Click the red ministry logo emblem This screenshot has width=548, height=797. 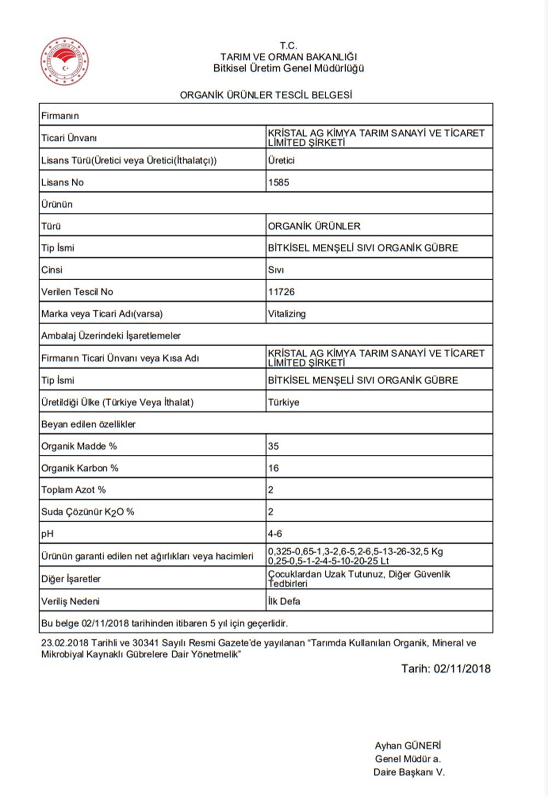point(64,61)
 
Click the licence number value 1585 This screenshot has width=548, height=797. point(278,183)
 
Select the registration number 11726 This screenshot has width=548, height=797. point(281,292)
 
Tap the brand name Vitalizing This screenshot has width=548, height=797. point(287,314)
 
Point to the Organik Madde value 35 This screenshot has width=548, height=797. point(273,446)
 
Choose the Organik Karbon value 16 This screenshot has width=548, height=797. point(273,468)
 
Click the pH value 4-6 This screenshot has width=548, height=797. point(275,533)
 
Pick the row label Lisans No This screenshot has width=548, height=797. point(62,183)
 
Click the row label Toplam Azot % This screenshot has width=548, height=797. point(73,490)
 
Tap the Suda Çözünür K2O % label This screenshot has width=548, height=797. point(88,512)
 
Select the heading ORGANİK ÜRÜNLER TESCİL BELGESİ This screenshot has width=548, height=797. point(266,95)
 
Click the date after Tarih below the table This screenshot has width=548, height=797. point(462,669)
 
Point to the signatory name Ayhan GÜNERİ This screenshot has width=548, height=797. point(408,745)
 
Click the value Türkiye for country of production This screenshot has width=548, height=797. point(284,402)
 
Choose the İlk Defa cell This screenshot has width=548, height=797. point(284,601)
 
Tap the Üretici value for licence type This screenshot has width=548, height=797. point(281,161)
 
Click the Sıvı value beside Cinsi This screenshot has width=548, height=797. point(276,270)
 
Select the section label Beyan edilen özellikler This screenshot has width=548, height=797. point(88,424)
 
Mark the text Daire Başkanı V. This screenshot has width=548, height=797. point(409,772)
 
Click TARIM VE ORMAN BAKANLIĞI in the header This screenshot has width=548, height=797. point(289,57)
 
